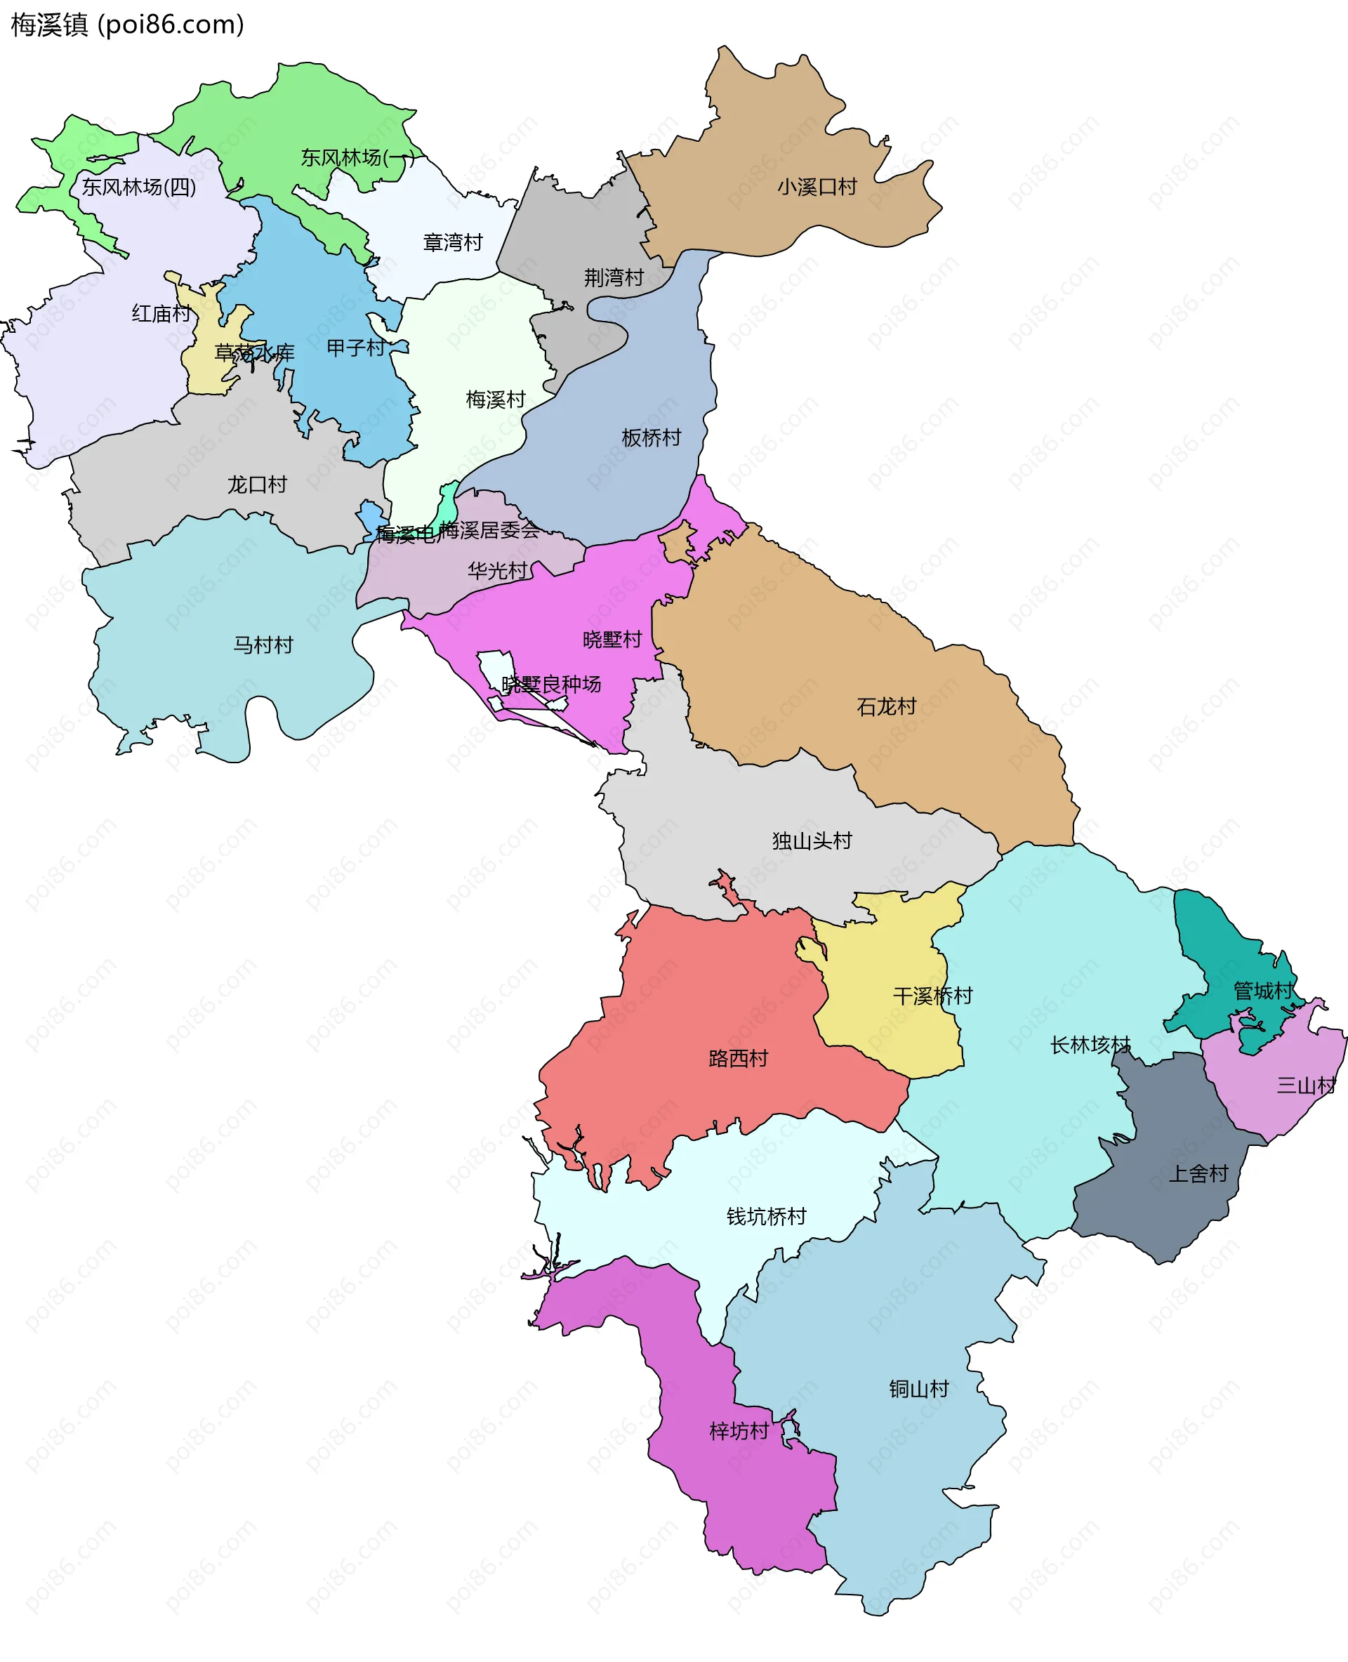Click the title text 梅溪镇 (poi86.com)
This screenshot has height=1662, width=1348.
[x=127, y=25]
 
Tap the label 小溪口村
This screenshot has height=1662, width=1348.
[x=817, y=187]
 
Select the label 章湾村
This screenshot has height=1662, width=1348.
[x=453, y=243]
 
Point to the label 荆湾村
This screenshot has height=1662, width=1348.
[x=614, y=278]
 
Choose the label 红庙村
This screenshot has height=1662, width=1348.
[x=161, y=314]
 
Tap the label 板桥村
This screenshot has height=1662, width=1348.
[x=651, y=438]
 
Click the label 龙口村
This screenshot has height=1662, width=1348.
[x=257, y=485]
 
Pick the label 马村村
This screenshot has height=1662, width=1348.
[x=263, y=645]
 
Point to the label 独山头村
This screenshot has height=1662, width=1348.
[x=812, y=841]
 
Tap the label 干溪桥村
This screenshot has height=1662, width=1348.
[x=932, y=996]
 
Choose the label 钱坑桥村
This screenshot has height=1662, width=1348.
[x=766, y=1216]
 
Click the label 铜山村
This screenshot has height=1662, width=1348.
[x=918, y=1389]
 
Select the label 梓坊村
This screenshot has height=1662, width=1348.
[x=739, y=1431]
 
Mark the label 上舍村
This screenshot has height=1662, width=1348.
[x=1198, y=1174]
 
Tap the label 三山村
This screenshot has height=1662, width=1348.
[x=1306, y=1086]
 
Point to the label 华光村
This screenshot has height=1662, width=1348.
[x=497, y=572]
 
